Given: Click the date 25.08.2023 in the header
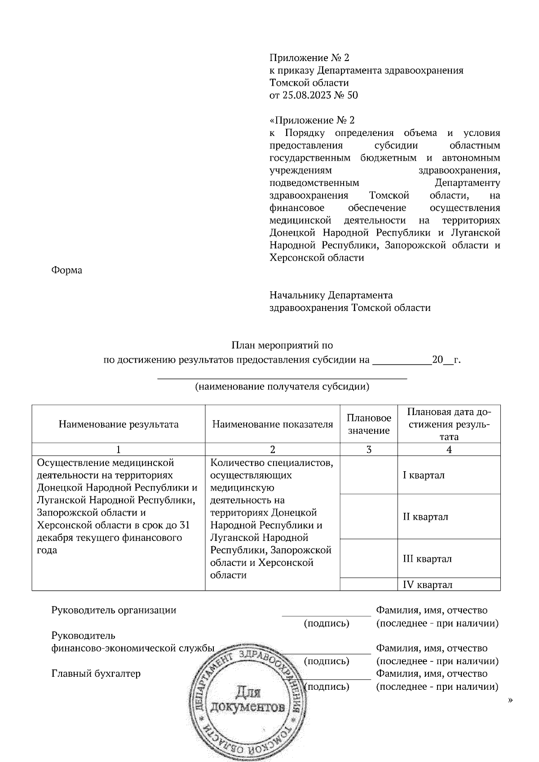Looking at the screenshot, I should tap(304, 95).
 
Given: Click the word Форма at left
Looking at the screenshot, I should tap(67, 271).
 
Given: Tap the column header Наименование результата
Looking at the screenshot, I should tap(119, 425).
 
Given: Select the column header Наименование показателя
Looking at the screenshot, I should tap(273, 425).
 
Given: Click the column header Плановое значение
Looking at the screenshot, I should tap(369, 424).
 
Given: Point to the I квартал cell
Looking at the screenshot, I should tap(424, 475).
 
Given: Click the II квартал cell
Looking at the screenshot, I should tap(425, 517).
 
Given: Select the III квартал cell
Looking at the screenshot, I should tap(427, 559).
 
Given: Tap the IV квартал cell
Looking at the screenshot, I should tap(427, 585).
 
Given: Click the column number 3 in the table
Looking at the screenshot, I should tap(369, 450).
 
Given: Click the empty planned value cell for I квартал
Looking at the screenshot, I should tap(369, 475).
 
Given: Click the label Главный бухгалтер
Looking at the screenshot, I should tap(96, 674).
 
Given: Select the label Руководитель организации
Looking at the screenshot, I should tap(114, 610).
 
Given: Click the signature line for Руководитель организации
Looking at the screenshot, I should tap(327, 616).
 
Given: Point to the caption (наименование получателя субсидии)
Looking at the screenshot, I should tap(282, 387).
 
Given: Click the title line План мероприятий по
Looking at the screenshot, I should tap(282, 346).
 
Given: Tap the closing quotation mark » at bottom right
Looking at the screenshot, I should tap(510, 700).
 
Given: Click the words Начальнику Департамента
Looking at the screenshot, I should tap(331, 295).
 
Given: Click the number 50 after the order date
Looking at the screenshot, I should tap(353, 95).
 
